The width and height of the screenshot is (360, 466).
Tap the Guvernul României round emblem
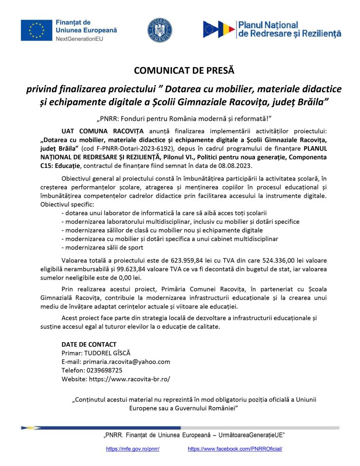(x=159, y=30)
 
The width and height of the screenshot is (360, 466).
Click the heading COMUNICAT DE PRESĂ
(x=184, y=70)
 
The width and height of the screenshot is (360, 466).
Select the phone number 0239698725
(x=104, y=370)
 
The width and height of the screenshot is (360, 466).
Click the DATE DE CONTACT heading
(x=89, y=345)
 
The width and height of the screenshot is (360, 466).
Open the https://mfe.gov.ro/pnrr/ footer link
(x=133, y=448)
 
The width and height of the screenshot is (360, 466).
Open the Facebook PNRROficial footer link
(x=235, y=448)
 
